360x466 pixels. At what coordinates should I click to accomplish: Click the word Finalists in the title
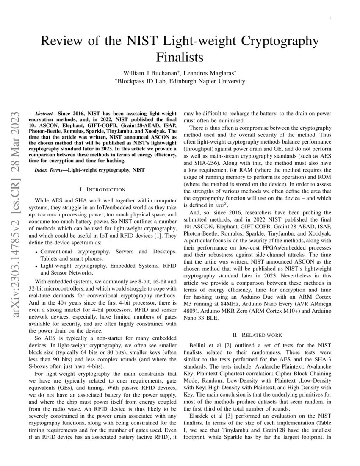point(180,57)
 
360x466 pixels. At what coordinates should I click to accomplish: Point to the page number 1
point(330,17)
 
